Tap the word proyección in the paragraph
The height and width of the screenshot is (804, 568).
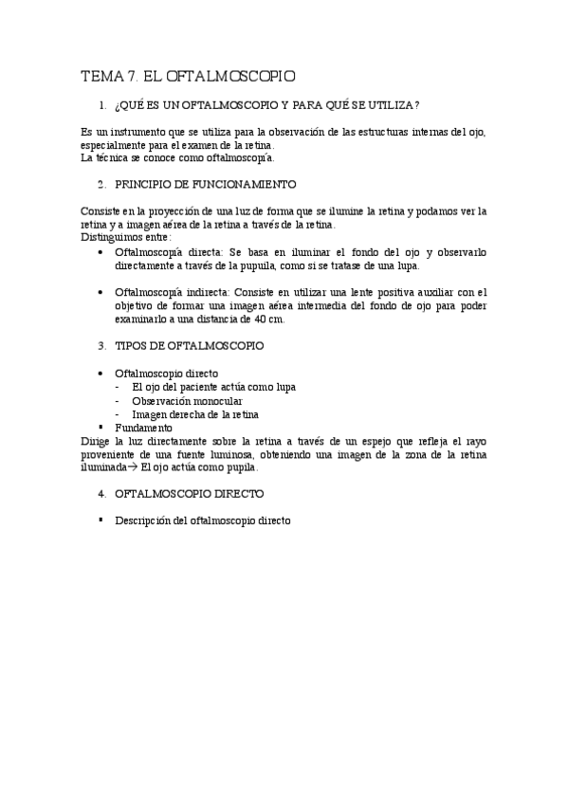[x=167, y=210]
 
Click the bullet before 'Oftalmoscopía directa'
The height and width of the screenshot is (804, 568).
[x=102, y=253]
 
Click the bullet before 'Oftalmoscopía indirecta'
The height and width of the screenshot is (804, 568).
[x=102, y=293]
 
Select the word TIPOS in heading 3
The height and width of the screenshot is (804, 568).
[x=130, y=347]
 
